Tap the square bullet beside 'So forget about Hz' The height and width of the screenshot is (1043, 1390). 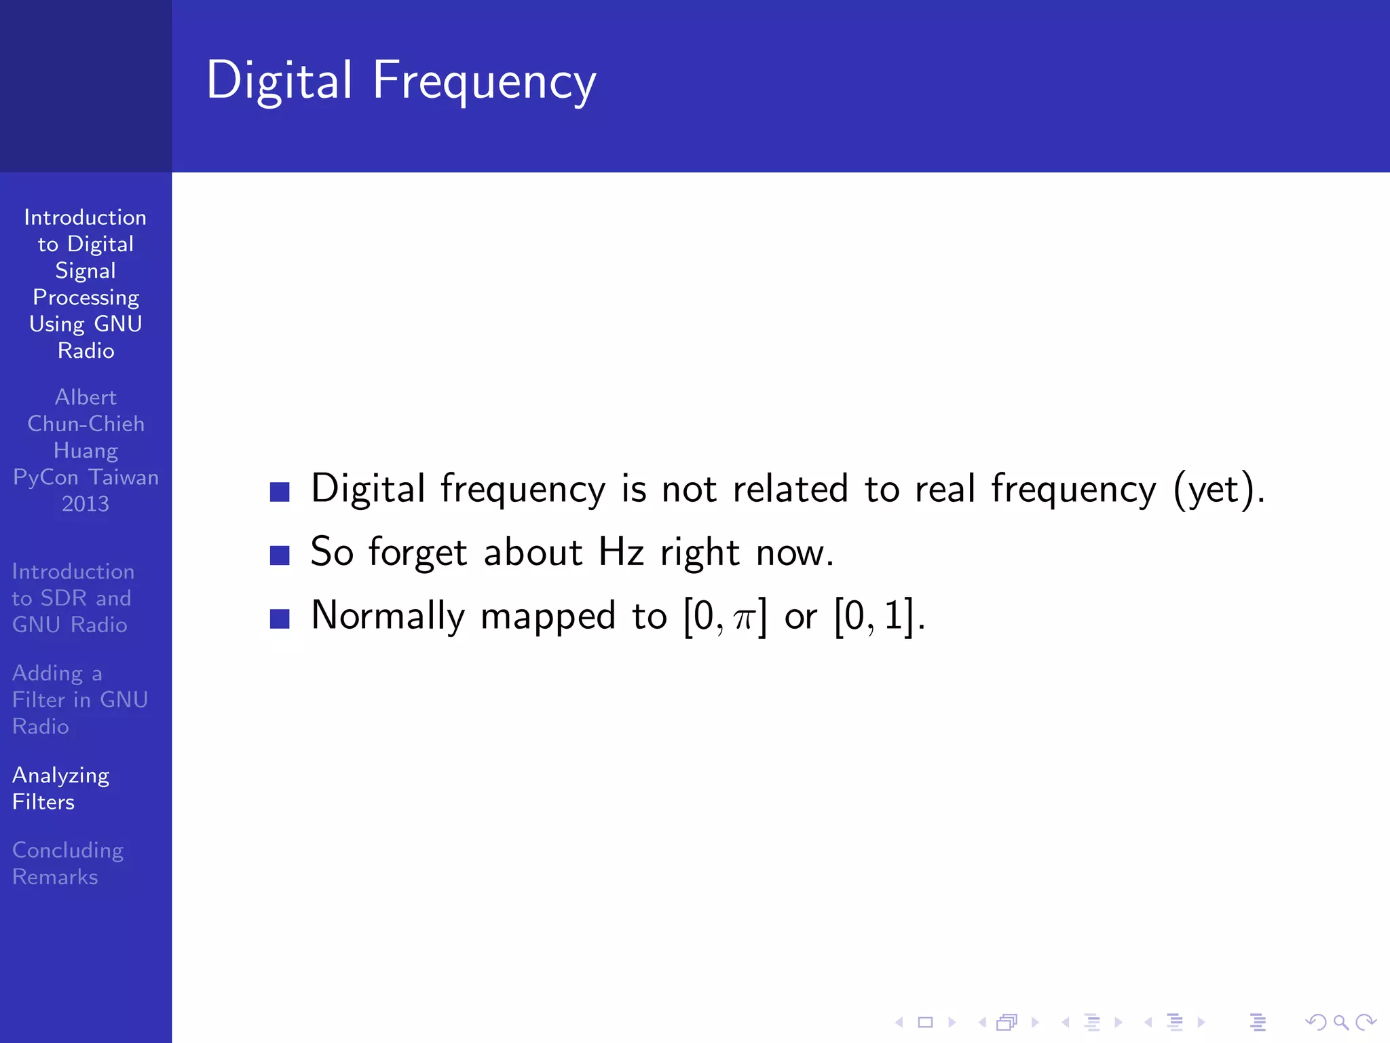coord(280,555)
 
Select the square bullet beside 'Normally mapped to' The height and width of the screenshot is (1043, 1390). coord(280,619)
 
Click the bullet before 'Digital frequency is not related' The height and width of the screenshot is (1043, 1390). coord(280,492)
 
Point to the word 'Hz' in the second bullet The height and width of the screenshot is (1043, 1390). coord(620,551)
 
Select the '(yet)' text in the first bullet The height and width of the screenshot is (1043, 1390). coord(1219,489)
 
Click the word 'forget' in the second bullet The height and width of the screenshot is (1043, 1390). coord(417,553)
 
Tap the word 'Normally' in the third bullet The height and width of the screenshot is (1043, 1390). coord(388,617)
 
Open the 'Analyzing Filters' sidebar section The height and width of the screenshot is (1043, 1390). coord(60,788)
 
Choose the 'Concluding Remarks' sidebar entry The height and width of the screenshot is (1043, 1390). coord(68,863)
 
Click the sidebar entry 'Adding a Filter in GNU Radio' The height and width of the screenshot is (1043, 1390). coord(79,699)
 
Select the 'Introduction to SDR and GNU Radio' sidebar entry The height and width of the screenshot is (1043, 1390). coord(73,598)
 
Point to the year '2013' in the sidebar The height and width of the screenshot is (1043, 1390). coord(86,504)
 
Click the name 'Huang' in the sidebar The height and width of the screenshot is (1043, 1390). coord(86,451)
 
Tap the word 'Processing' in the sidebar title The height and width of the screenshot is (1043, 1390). coord(86,297)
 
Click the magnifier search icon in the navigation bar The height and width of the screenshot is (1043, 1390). coord(1340,1022)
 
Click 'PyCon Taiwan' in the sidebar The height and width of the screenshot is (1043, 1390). coord(86,477)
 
